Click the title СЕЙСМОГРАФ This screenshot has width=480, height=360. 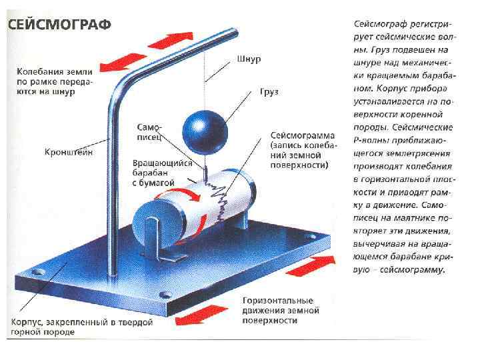(59, 25)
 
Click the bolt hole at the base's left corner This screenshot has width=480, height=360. (37, 271)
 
